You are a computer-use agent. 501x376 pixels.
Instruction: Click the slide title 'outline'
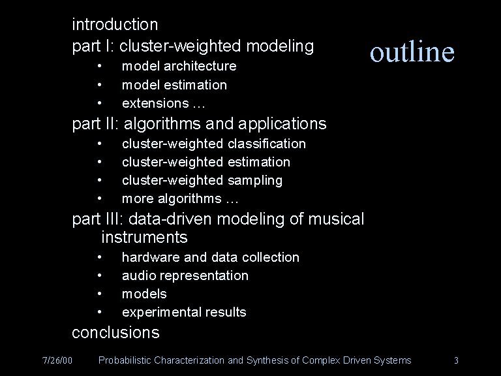[412, 51]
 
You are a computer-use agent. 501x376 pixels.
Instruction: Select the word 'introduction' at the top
[115, 25]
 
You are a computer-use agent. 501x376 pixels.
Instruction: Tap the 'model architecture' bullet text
[179, 66]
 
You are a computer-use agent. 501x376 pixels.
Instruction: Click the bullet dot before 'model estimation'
[99, 85]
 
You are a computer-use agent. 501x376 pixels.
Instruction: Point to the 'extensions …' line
[164, 103]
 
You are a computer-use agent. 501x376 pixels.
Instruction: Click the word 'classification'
[267, 144]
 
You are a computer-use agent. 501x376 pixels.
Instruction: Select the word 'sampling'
[255, 181]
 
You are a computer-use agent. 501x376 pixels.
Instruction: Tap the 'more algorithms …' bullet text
[180, 199]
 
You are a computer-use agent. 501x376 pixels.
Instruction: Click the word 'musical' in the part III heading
[336, 219]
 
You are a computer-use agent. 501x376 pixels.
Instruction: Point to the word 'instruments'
[144, 238]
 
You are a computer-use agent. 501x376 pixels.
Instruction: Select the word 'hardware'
[151, 257]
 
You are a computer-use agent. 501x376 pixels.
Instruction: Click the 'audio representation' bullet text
[185, 276]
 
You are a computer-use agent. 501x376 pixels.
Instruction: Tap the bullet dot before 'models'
[99, 293]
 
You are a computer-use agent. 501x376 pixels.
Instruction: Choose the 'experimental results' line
[185, 313]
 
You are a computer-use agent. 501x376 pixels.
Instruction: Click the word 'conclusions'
[115, 332]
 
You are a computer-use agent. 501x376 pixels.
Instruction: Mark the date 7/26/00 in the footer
[57, 360]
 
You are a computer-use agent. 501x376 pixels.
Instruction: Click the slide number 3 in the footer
[456, 360]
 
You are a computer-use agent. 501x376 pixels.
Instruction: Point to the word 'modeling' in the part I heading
[280, 46]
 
